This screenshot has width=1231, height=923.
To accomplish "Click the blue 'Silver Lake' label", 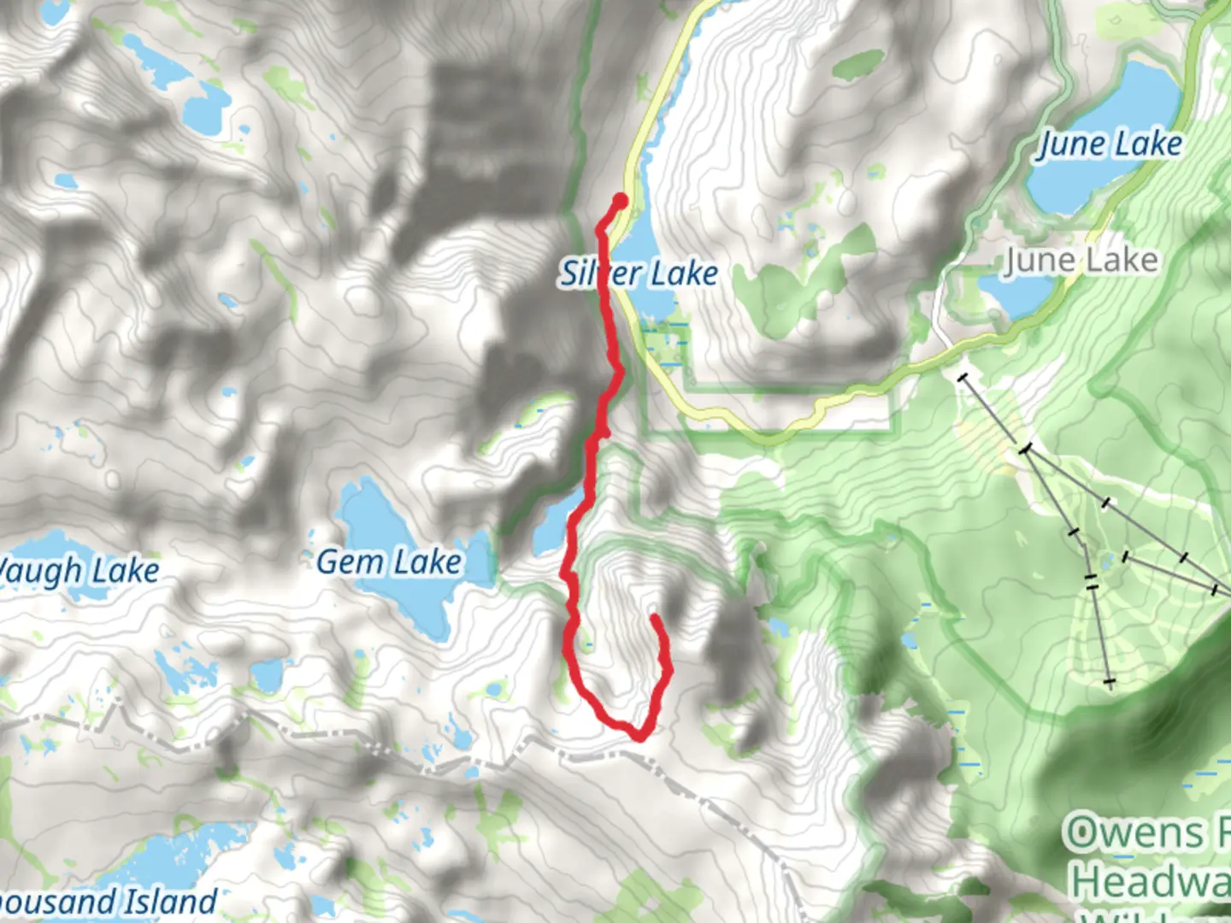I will [x=639, y=273].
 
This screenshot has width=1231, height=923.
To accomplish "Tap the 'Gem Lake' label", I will [x=389, y=562].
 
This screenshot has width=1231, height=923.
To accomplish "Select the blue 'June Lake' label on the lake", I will [x=1109, y=144].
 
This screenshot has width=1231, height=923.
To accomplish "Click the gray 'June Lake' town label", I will [x=1081, y=261].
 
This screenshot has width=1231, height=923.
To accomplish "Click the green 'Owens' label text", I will [x=1133, y=833].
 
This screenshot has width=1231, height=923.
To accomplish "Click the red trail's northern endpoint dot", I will [x=620, y=201].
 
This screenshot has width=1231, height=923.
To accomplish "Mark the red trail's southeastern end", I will [x=655, y=617].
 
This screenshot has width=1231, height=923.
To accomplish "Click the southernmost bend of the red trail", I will [x=637, y=734].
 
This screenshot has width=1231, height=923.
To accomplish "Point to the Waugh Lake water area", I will [x=51, y=547].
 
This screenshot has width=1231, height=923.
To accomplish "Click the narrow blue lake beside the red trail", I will [x=551, y=526].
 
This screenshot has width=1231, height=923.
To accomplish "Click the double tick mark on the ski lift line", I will [x=1091, y=582].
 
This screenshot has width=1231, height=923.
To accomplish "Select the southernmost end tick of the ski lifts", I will [x=1110, y=682].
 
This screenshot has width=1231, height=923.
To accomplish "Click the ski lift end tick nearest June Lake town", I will [x=963, y=377].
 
